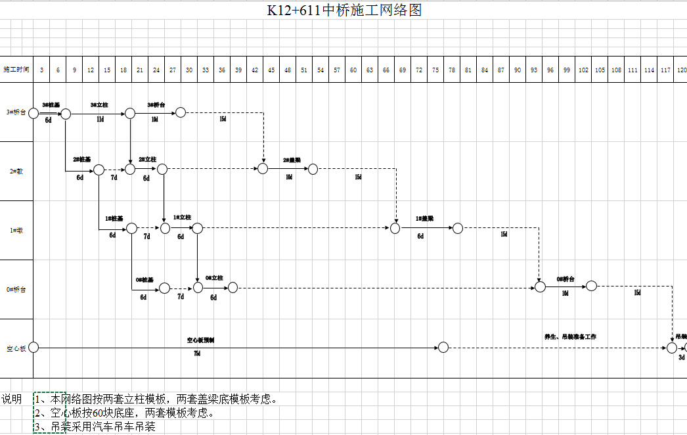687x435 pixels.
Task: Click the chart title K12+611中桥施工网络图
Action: click(343, 10)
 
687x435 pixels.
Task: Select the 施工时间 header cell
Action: click(16, 70)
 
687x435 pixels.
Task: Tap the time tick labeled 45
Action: click(271, 70)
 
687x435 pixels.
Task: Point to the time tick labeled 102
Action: click(583, 70)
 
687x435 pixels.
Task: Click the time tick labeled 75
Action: click(435, 70)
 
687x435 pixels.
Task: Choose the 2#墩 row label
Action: click(16, 172)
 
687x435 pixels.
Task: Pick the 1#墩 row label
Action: click(16, 231)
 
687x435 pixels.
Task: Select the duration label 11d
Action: click(100, 120)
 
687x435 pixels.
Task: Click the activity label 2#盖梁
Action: click(292, 160)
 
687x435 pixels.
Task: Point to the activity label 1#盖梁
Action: click(424, 219)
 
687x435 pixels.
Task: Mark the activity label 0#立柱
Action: click(214, 279)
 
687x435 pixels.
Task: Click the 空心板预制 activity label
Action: click(200, 340)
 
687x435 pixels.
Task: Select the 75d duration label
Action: click(197, 354)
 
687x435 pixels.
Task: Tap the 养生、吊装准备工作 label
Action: click(570, 337)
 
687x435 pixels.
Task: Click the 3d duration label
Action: click(682, 358)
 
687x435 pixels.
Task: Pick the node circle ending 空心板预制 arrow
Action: click(443, 348)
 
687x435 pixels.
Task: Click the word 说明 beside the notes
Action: click(11, 399)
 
